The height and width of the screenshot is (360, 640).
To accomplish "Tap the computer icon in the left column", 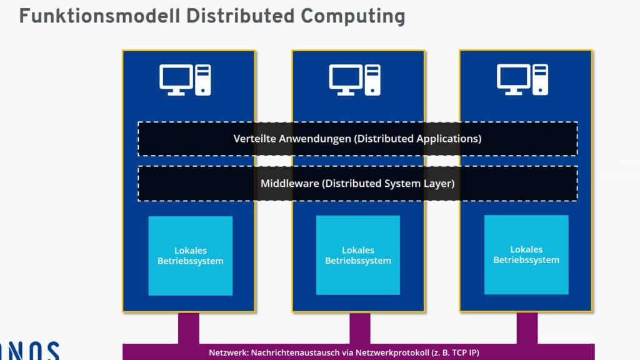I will pyautogui.click(x=185, y=80).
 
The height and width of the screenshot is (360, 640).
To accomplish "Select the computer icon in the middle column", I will pyautogui.click(x=354, y=80).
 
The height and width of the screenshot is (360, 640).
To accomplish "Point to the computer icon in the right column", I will pyautogui.click(x=522, y=79).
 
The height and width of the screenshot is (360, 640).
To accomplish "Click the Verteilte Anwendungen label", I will pyautogui.click(x=357, y=139).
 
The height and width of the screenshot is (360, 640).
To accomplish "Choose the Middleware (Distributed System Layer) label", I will pyautogui.click(x=357, y=184).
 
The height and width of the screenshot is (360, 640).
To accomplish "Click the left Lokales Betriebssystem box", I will pyautogui.click(x=190, y=256).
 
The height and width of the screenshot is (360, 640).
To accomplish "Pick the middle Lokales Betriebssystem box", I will pyautogui.click(x=357, y=255).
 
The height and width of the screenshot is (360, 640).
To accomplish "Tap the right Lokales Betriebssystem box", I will pyautogui.click(x=526, y=254).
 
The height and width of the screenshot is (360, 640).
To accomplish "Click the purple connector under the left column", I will pyautogui.click(x=189, y=327).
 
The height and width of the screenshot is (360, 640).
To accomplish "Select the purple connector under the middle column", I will pyautogui.click(x=359, y=327).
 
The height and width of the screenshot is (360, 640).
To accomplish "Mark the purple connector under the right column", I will pyautogui.click(x=527, y=327).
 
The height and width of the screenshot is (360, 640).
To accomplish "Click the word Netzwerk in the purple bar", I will pyautogui.click(x=228, y=352).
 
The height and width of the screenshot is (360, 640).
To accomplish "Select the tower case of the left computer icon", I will pyautogui.click(x=202, y=80).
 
